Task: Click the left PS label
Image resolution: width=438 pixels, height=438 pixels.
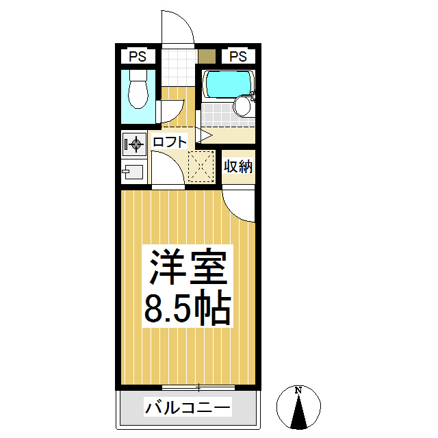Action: click(x=138, y=56)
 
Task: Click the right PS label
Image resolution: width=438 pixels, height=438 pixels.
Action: click(x=237, y=56)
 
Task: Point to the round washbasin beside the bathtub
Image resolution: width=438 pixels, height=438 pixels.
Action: click(x=242, y=106)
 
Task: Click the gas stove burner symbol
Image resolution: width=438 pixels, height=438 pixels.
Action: click(x=134, y=144)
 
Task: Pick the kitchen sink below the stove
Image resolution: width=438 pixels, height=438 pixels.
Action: click(x=133, y=171)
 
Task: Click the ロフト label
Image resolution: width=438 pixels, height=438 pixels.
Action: click(x=169, y=143)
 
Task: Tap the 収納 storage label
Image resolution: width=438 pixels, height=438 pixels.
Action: click(x=238, y=166)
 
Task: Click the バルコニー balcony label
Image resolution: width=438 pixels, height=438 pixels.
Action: click(x=188, y=409)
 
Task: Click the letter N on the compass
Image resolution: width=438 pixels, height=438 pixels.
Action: click(x=298, y=391)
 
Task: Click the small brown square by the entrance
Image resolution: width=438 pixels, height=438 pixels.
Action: click(x=206, y=56)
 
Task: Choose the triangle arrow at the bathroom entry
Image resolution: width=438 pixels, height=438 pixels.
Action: click(x=202, y=133)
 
